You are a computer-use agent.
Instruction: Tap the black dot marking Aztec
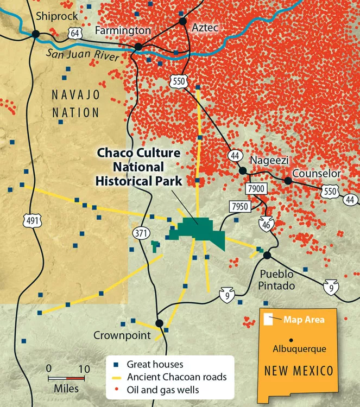(x=183, y=22)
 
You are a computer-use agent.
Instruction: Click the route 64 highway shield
(x=74, y=34)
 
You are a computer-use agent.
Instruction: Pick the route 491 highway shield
(x=30, y=220)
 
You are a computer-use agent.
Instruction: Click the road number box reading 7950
(x=239, y=207)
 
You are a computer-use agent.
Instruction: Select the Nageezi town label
(x=268, y=161)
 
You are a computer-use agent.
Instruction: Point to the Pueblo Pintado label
(x=276, y=279)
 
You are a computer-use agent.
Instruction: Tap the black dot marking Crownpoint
(x=159, y=323)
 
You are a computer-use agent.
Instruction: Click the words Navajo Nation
(x=76, y=104)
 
